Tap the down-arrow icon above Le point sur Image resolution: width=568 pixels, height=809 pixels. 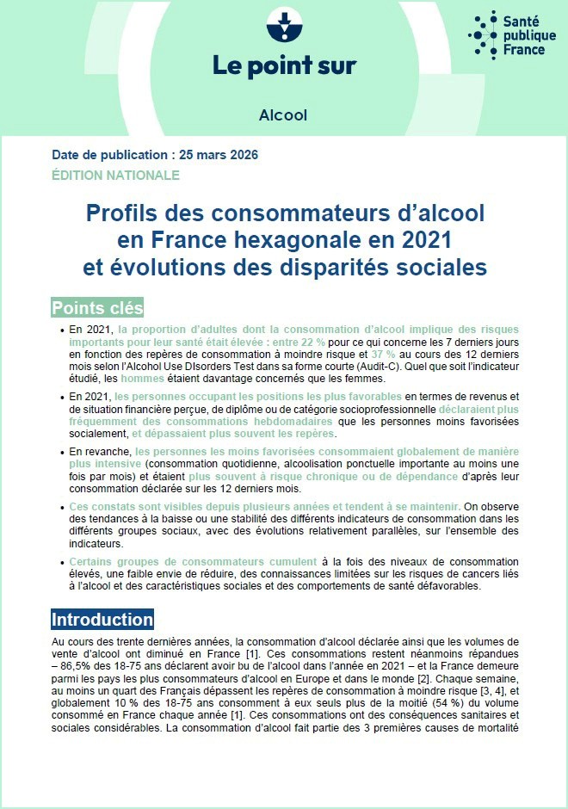tap(281, 25)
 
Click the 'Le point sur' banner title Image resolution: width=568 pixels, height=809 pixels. tap(284, 65)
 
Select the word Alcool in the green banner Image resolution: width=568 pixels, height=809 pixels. tap(282, 115)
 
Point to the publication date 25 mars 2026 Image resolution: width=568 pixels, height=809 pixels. tap(216, 156)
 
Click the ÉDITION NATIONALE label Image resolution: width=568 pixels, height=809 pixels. tap(115, 175)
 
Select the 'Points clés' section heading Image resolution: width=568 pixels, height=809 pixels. tap(97, 308)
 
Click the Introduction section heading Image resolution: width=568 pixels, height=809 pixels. tap(102, 620)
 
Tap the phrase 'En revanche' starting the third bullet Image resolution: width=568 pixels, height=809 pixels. tap(101, 451)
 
